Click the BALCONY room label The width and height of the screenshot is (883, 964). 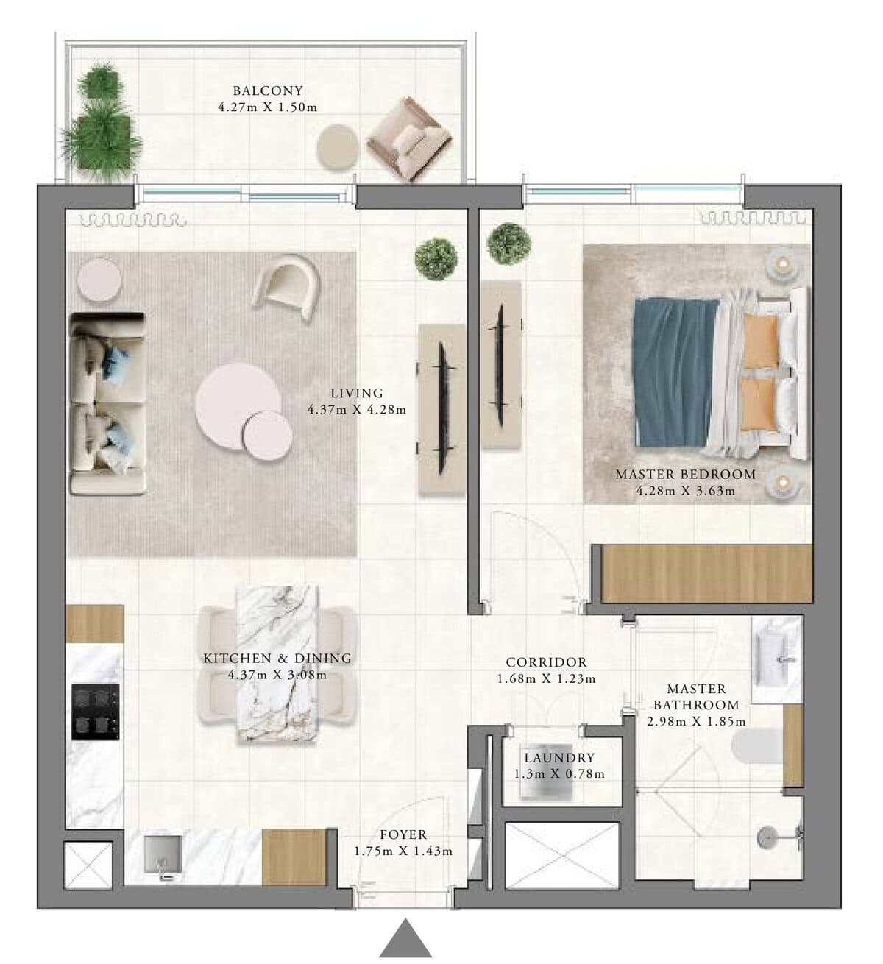click(x=268, y=91)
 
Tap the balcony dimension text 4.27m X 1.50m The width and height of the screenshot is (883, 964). click(x=268, y=107)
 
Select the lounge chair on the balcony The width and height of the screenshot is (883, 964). click(x=408, y=138)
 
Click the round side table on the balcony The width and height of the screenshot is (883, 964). click(x=338, y=146)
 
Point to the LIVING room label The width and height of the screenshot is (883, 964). click(x=357, y=393)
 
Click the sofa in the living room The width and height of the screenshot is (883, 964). click(x=107, y=403)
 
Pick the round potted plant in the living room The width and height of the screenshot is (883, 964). click(x=436, y=259)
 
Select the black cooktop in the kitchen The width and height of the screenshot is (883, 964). click(x=95, y=712)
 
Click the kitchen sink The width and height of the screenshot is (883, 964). click(x=163, y=856)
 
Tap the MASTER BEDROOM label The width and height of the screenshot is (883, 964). click(x=686, y=475)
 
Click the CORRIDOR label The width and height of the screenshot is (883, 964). click(x=547, y=662)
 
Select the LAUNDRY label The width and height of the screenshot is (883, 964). click(x=559, y=758)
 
